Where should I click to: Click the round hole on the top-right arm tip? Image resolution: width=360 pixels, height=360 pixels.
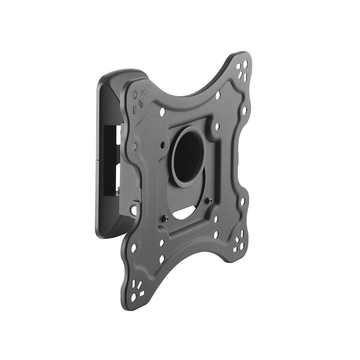245,64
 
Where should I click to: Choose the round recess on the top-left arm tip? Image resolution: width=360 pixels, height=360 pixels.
134,94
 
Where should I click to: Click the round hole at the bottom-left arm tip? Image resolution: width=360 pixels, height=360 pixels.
134,298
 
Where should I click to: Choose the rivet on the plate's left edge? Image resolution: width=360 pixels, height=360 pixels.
134,147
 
